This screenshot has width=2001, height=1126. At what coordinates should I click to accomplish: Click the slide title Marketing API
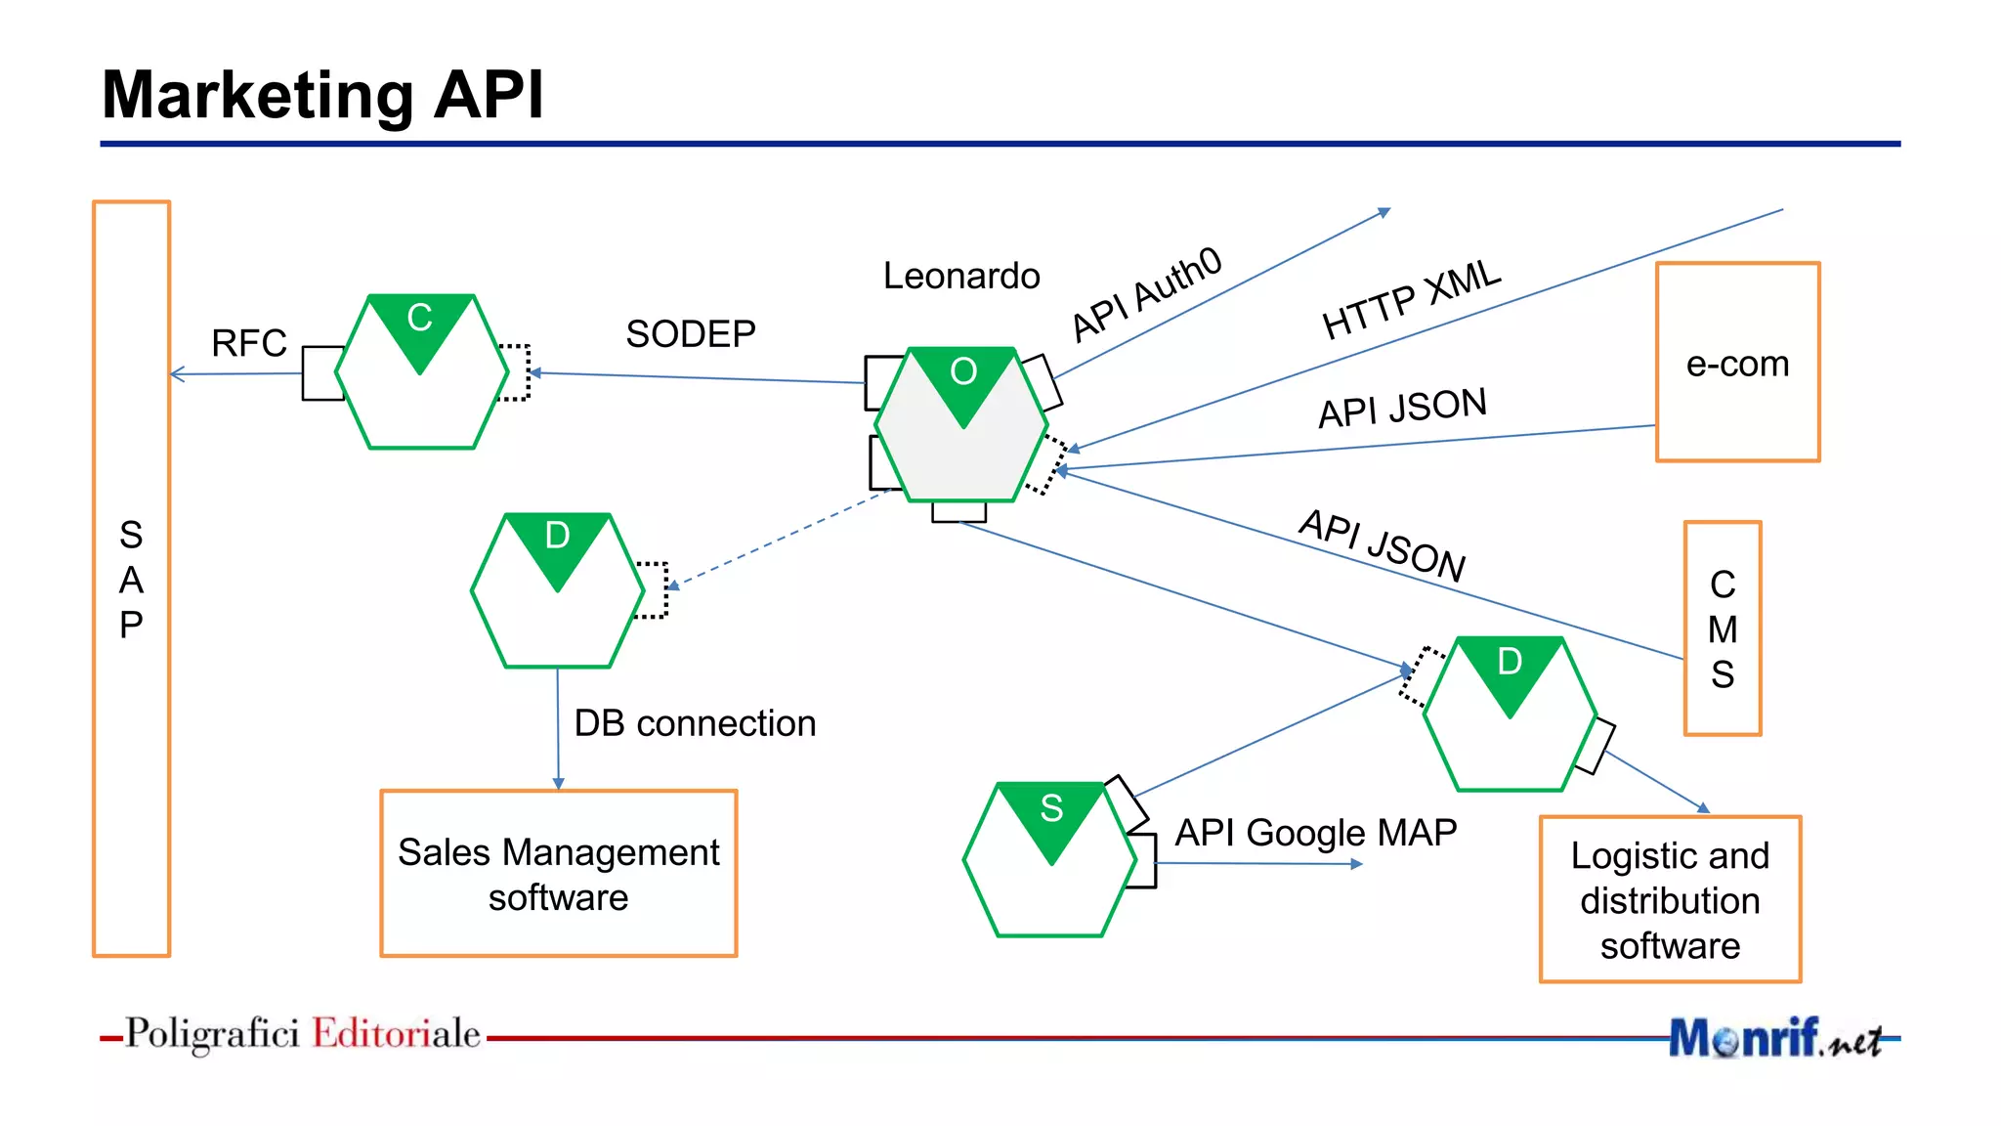322,95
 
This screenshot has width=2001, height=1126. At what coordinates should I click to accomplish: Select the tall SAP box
131,579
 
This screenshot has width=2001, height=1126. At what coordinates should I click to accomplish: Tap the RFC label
249,343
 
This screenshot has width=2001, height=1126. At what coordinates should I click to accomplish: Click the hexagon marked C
421,372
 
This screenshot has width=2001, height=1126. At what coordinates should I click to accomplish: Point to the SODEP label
691,334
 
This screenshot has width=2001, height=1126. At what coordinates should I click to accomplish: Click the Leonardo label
961,276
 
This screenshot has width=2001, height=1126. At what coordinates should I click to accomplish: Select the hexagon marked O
961,425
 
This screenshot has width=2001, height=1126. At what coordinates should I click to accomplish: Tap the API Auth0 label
1146,293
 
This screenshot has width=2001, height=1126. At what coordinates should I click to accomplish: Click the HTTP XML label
1410,299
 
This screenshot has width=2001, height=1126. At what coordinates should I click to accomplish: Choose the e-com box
1737,363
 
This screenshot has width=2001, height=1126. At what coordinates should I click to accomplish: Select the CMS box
1723,628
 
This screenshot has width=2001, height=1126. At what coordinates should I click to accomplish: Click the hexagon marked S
1049,860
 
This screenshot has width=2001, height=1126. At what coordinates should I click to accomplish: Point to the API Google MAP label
1315,833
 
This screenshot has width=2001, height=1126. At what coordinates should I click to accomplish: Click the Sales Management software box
558,874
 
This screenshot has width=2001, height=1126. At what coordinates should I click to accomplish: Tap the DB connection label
695,723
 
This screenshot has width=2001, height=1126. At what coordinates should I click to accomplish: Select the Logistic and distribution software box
1670,899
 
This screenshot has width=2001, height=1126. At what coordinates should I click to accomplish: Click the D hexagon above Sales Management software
557,591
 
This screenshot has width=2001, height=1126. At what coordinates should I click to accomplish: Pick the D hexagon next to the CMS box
1510,715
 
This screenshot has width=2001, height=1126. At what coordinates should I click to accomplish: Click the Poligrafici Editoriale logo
302,1034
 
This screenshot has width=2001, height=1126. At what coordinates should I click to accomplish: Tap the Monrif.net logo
1774,1038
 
